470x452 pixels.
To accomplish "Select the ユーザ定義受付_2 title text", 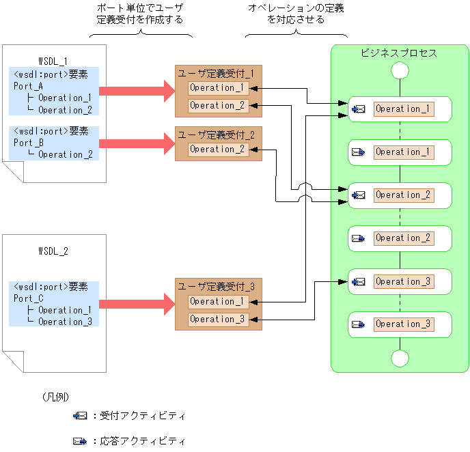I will pos(216,135).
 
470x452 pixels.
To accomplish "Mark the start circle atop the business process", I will pos(400,71).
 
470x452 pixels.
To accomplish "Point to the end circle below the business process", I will pos(400,358).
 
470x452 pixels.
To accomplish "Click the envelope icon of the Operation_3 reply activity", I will pos(358,324).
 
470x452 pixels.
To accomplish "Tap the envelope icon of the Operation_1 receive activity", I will pos(358,109).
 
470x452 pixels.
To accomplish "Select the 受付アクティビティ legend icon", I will pos(80,415).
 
